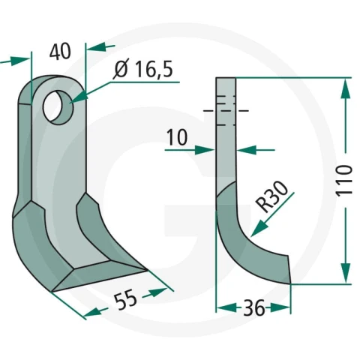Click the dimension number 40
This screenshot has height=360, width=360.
point(60,52)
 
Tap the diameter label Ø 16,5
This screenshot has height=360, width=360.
point(142,69)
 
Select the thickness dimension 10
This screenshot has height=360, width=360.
point(177,137)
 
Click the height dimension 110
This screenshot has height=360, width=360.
point(345,180)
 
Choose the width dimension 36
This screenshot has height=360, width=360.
point(253,307)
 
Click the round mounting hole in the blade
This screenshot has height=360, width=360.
point(58,108)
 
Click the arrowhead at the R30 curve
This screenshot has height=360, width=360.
point(259,228)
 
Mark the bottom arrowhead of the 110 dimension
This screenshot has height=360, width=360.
point(346,272)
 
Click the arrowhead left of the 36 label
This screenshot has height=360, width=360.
point(226,307)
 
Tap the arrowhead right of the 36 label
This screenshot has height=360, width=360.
point(280,307)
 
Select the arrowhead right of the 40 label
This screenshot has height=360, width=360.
point(95,46)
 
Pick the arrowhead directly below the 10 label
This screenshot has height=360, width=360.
point(205,150)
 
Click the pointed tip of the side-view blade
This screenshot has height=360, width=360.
point(290,283)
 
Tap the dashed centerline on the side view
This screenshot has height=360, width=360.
point(226,110)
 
